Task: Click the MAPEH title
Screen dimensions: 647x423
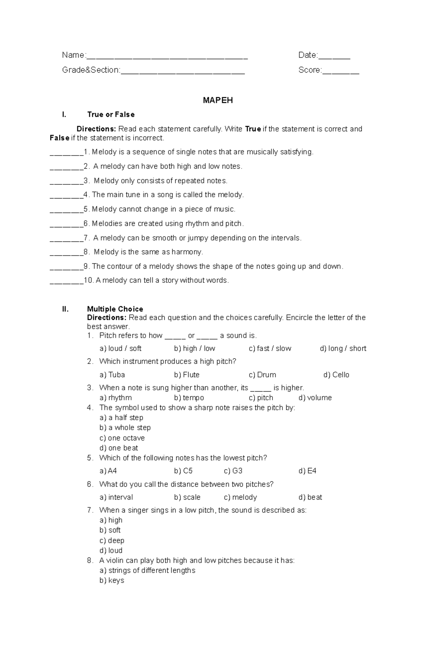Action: click(x=217, y=100)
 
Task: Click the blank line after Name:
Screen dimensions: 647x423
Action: click(x=167, y=56)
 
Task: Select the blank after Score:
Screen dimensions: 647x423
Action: click(x=341, y=72)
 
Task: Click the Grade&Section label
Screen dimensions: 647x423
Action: click(x=91, y=70)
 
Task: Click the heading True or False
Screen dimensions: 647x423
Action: click(x=111, y=115)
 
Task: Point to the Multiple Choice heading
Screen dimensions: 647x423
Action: click(x=115, y=309)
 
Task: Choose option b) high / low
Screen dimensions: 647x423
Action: click(x=194, y=348)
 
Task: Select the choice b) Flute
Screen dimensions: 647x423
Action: click(x=186, y=375)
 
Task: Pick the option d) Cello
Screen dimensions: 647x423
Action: click(x=336, y=375)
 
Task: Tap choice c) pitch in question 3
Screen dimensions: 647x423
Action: click(x=261, y=398)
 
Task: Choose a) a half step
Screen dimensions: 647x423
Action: click(x=121, y=418)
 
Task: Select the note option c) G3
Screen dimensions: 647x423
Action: click(x=233, y=471)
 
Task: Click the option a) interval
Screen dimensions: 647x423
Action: click(x=116, y=498)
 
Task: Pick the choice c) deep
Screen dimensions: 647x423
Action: click(x=112, y=541)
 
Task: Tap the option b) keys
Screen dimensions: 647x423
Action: click(x=112, y=580)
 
